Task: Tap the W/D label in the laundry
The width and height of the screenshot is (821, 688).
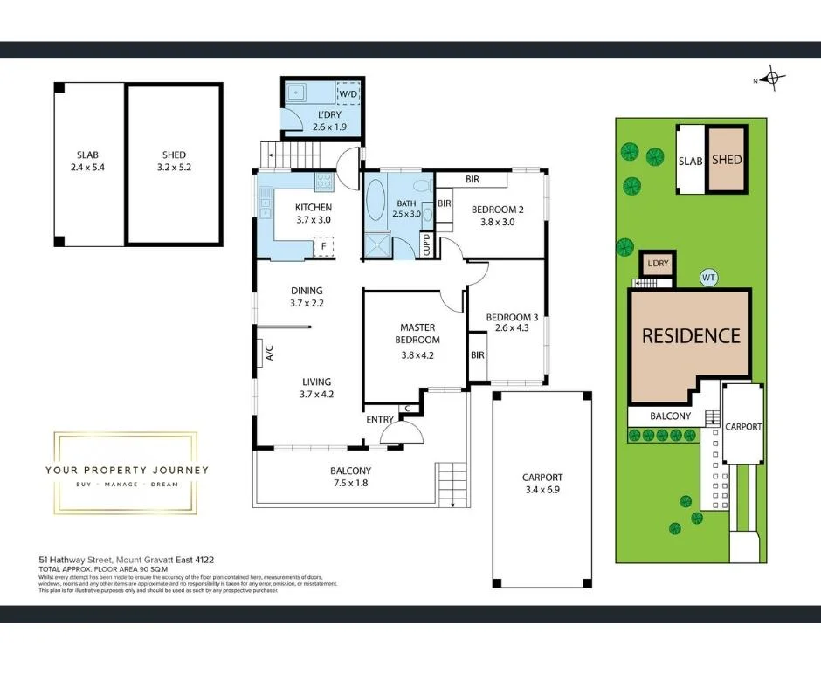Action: [x=348, y=93]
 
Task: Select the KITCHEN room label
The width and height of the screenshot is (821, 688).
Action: [x=313, y=207]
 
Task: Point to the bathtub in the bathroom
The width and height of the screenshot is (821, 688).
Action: [x=377, y=200]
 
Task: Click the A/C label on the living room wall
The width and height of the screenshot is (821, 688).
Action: [x=270, y=354]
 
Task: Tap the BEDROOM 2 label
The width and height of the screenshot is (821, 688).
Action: [x=497, y=209]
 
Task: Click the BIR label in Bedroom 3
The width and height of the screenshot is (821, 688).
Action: [x=478, y=355]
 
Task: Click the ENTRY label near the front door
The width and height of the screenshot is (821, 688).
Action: [x=380, y=420]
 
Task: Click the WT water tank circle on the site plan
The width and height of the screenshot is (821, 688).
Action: [x=709, y=278]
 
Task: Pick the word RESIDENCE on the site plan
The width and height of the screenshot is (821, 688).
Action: [x=691, y=335]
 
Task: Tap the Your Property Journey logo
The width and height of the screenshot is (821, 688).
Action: [x=127, y=471]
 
